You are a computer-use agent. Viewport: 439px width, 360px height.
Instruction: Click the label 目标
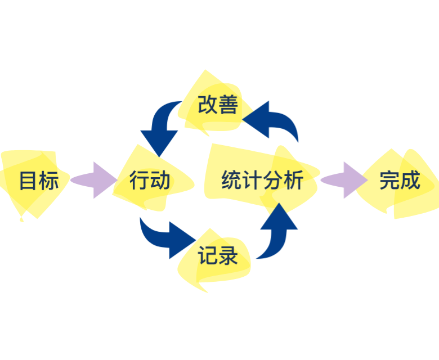tap(39, 181)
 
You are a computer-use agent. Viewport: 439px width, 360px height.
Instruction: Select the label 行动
tap(150, 181)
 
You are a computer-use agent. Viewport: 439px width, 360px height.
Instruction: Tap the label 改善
tap(218, 105)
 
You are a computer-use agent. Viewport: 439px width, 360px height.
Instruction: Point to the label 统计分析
tap(262, 181)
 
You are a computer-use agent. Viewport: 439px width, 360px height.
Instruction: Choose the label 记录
tap(218, 256)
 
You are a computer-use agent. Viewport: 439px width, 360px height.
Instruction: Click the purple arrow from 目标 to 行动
tap(92, 181)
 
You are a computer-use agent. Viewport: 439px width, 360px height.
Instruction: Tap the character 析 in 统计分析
tap(294, 181)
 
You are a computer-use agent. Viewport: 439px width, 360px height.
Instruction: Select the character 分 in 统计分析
tap(273, 181)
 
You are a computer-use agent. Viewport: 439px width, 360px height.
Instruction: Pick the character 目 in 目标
tap(28, 181)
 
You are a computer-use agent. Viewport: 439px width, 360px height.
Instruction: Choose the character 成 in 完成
tap(410, 181)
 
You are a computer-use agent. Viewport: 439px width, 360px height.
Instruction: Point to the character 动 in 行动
tap(160, 181)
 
